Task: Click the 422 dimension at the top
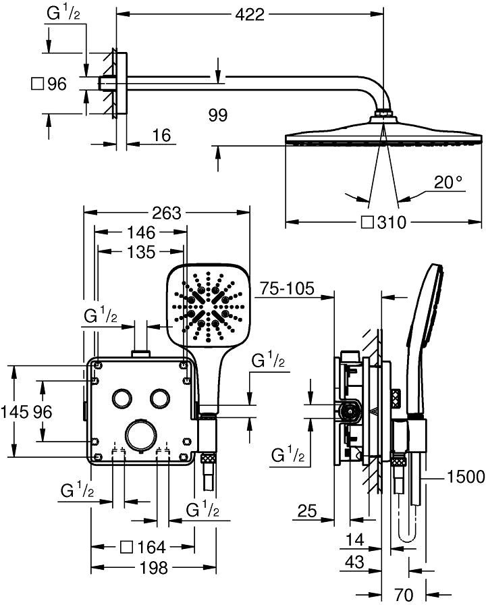point(249,13)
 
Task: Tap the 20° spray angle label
point(448,182)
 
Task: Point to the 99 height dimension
point(218,115)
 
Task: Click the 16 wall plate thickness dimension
point(160,136)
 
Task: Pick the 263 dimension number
point(166,213)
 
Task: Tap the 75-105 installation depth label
point(288,289)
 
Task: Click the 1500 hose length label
point(465,477)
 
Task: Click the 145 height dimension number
point(13,411)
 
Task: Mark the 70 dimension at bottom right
point(404,594)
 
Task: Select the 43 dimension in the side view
point(355,561)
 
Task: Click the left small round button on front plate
point(123,398)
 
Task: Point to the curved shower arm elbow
point(373,90)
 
